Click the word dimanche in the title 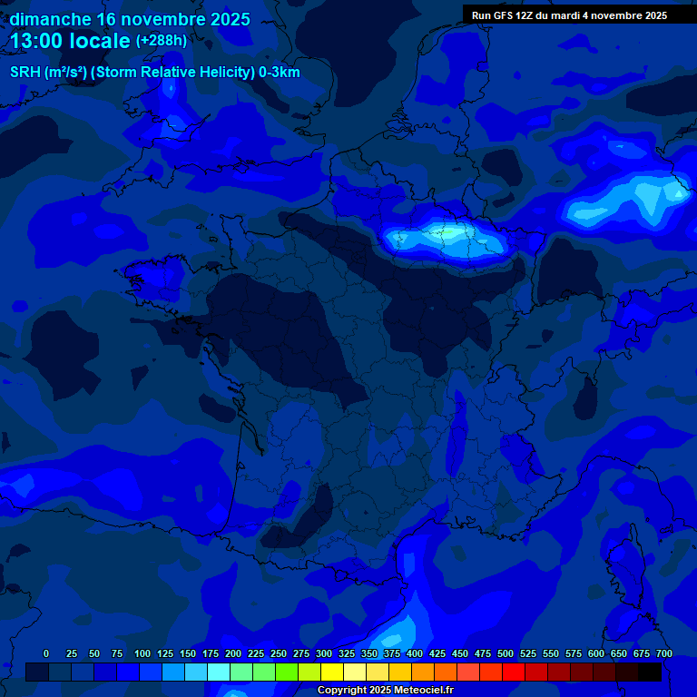pos(50,19)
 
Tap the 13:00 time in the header pos(38,41)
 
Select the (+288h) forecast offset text pos(162,41)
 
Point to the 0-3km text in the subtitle pos(279,73)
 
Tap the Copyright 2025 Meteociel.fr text pos(385,691)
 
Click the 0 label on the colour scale pos(46,653)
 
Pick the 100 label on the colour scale pos(142,653)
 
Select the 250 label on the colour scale pos(279,653)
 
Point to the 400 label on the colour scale pos(415,653)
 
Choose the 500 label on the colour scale pos(506,653)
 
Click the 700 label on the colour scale pos(664,653)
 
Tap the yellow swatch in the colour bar pos(332,672)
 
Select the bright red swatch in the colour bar pos(514,672)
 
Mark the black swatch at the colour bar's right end pos(650,672)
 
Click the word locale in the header pos(100,41)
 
